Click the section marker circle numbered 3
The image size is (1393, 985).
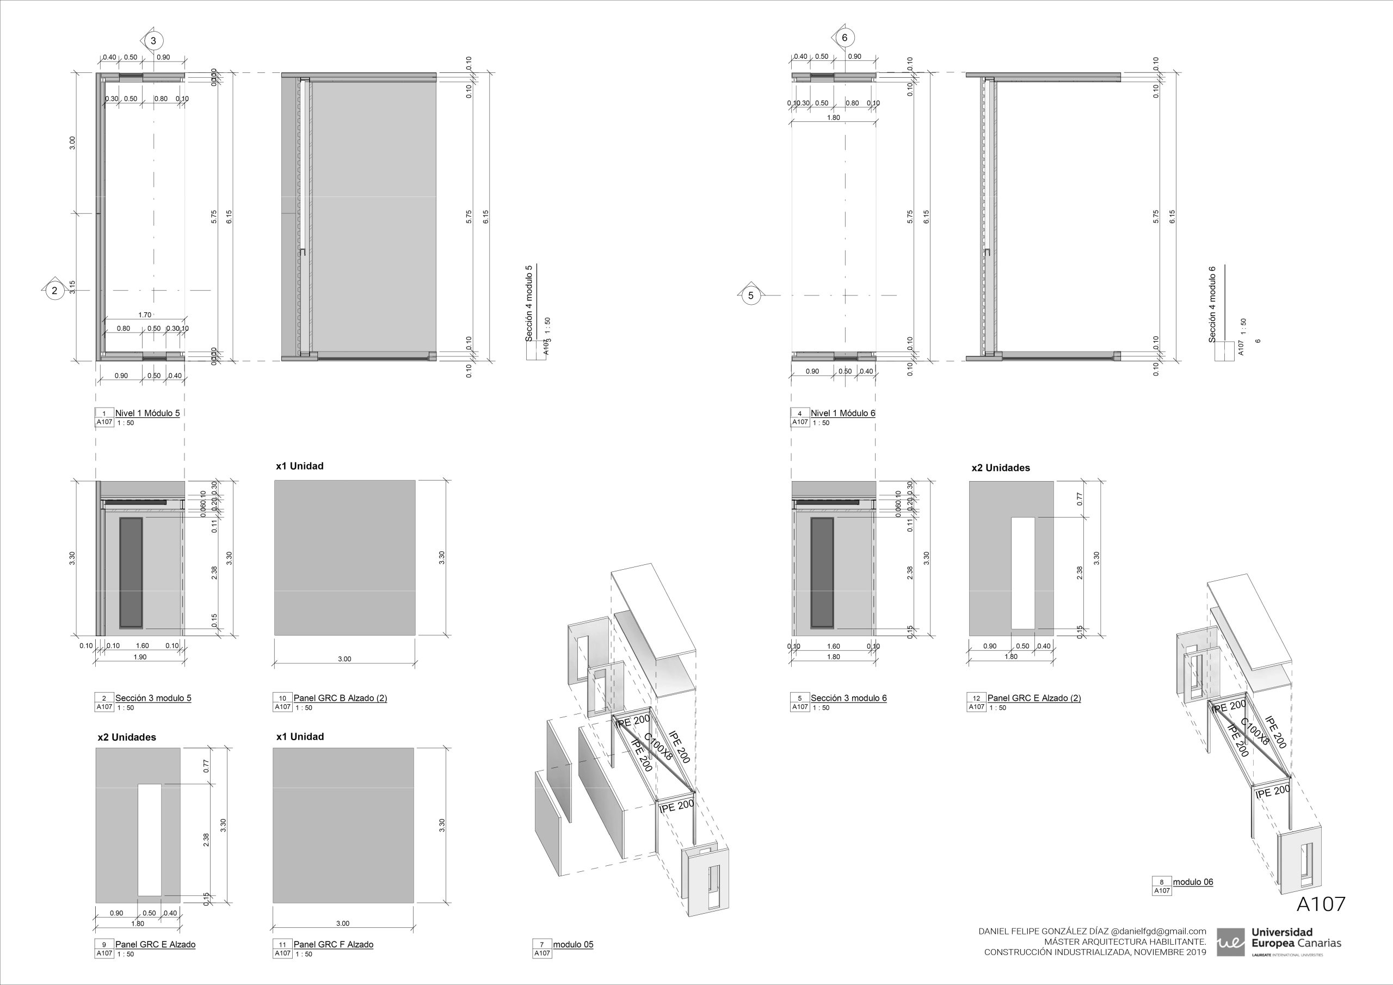(x=153, y=41)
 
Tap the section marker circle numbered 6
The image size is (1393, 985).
(x=845, y=38)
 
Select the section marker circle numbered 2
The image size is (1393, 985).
(x=54, y=290)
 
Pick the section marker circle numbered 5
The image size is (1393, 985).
(x=751, y=295)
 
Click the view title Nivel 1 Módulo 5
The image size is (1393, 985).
(x=147, y=413)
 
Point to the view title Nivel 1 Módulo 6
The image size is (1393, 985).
(x=843, y=413)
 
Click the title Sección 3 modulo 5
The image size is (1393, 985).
(x=153, y=698)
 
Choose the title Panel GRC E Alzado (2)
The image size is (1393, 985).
(x=1034, y=698)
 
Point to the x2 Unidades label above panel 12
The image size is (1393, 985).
(x=1001, y=468)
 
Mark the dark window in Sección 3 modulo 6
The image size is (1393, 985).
(x=823, y=573)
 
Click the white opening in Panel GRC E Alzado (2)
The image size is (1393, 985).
(x=1022, y=573)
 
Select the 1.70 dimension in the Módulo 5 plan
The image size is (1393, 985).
(x=144, y=315)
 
